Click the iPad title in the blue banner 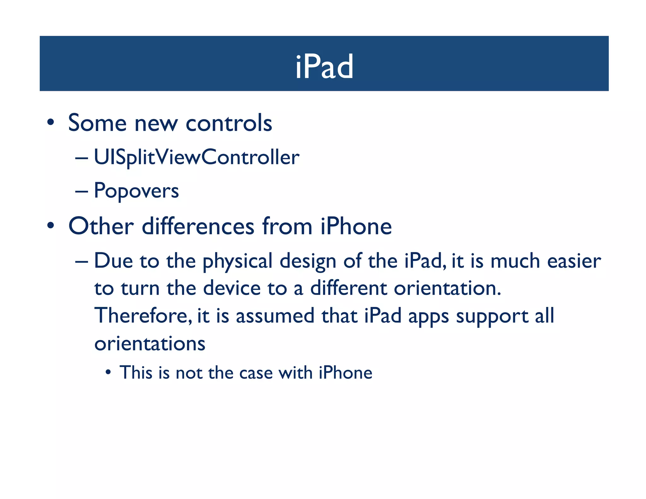(324, 67)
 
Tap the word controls (229, 123)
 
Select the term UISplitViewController (197, 157)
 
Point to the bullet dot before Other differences (50, 226)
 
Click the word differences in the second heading (198, 226)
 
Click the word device (232, 288)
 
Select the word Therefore (143, 316)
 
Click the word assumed (275, 316)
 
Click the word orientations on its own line (150, 343)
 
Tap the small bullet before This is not (108, 373)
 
